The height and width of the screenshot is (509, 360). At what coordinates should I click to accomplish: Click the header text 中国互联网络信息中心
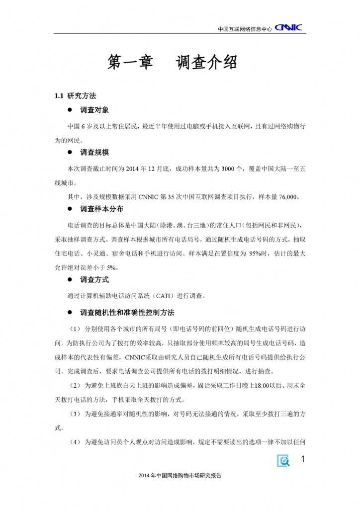click(245, 29)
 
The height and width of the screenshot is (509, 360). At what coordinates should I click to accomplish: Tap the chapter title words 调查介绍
click(206, 63)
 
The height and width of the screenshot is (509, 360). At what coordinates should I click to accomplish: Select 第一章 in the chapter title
click(130, 63)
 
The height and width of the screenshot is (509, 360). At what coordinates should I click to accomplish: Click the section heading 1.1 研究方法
click(75, 95)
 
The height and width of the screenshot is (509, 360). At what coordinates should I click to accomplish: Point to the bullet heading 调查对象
click(94, 109)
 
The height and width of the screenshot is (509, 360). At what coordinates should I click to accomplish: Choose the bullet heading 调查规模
click(94, 152)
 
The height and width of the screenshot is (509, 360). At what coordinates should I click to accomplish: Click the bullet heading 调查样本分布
click(101, 209)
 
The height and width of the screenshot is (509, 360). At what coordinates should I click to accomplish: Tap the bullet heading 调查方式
click(94, 280)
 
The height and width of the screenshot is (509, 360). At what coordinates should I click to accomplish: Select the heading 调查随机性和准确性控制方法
click(127, 313)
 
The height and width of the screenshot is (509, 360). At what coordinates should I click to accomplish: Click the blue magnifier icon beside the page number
click(284, 461)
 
